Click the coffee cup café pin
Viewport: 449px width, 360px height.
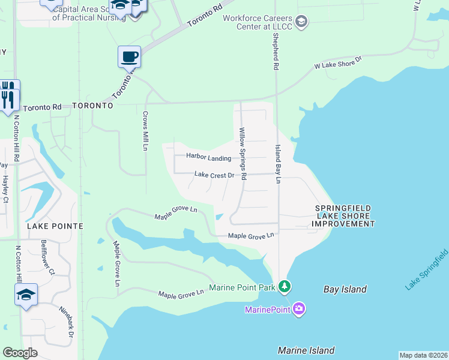point(129,58)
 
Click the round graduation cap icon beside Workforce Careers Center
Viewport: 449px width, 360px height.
point(301,23)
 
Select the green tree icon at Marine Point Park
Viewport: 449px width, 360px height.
point(285,287)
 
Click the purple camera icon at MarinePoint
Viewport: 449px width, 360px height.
point(299,309)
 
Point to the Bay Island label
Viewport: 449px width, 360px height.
point(345,289)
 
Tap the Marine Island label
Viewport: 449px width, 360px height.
point(306,350)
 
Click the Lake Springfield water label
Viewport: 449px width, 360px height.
point(426,269)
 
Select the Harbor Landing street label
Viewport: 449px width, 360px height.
point(208,158)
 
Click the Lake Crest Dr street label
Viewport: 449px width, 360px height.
point(214,175)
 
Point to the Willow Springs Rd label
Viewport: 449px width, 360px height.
point(243,154)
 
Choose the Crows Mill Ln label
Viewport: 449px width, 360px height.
point(145,130)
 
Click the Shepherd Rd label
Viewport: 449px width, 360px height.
point(276,51)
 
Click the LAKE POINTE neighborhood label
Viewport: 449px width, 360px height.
point(55,226)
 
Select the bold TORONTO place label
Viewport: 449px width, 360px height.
point(92,105)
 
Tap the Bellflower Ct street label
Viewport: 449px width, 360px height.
point(47,257)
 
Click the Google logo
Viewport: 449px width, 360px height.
point(20,353)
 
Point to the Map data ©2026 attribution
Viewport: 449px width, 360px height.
point(423,355)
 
